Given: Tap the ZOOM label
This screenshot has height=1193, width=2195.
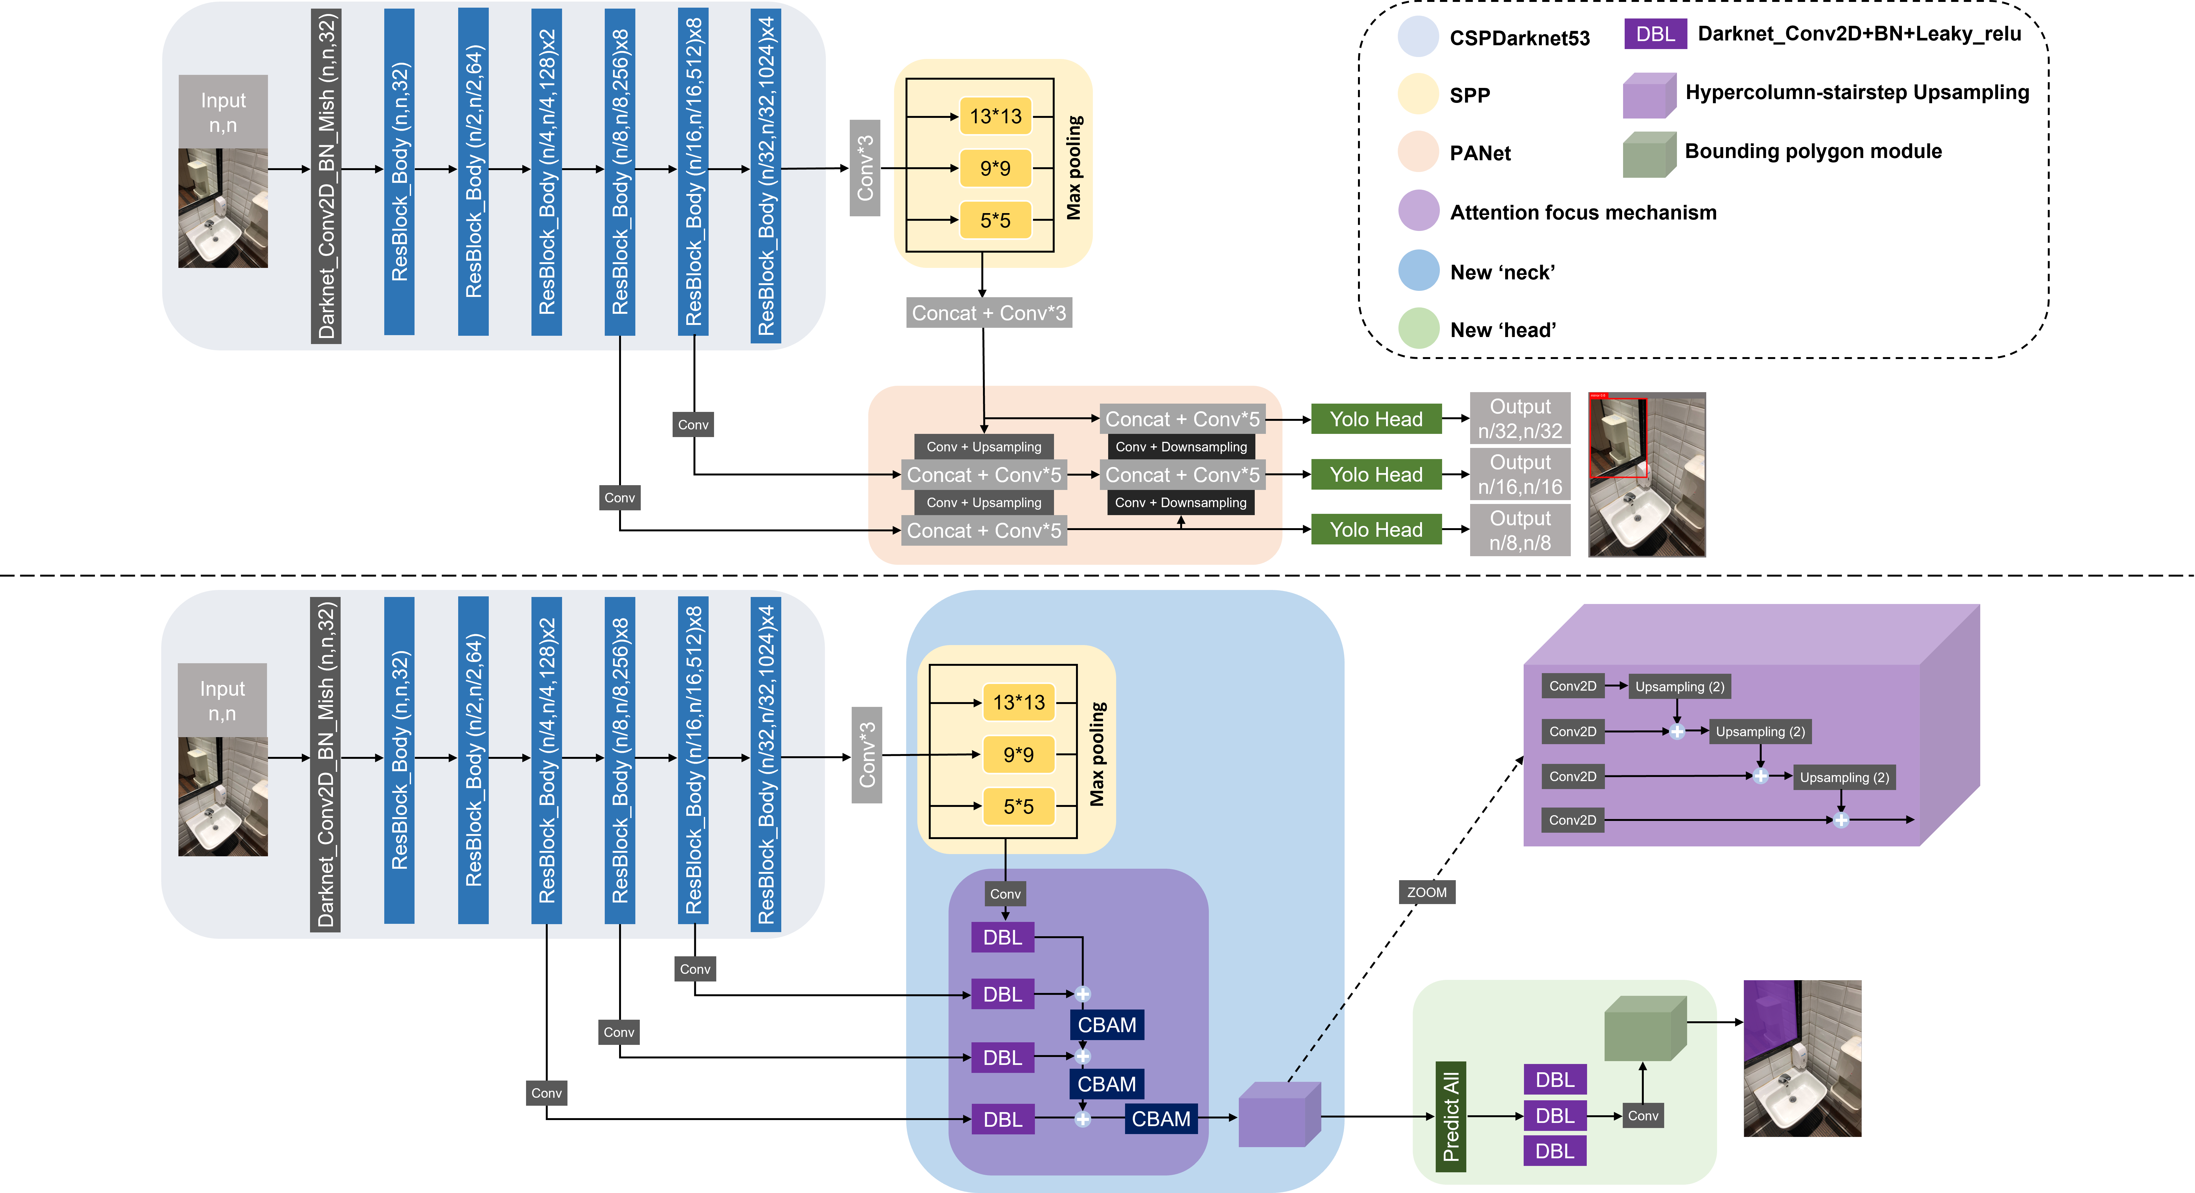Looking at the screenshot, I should (1426, 892).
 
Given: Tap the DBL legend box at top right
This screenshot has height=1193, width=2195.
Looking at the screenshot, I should (1655, 34).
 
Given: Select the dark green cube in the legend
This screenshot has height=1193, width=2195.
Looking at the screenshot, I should (1649, 155).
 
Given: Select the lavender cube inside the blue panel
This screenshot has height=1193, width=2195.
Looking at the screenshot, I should (1278, 1115).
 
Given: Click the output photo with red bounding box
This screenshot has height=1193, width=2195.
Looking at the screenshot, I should (1646, 475).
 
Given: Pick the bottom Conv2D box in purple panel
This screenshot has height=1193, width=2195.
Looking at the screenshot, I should (1572, 820).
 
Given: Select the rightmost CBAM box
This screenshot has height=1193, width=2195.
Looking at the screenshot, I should (1160, 1119).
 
